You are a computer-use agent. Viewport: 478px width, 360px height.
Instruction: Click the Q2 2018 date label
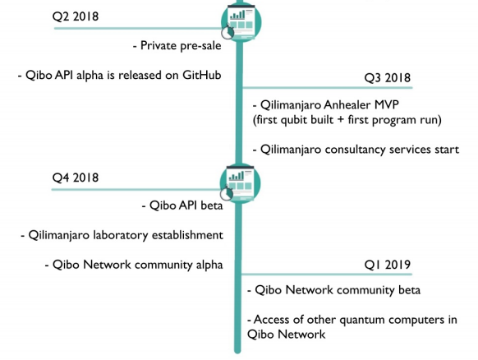(76, 16)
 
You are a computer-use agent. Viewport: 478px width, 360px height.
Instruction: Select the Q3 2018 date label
(388, 78)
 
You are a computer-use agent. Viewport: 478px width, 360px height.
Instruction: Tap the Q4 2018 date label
(76, 178)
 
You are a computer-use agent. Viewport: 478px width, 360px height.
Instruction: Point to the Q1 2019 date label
(388, 264)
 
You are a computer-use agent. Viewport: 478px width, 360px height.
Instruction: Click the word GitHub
(202, 75)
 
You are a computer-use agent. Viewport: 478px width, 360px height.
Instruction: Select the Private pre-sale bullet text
(177, 46)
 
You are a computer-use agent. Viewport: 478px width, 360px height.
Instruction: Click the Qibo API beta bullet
(182, 205)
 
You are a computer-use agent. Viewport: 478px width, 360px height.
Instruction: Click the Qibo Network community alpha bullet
(134, 265)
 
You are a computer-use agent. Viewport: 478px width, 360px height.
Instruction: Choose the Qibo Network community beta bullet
(333, 290)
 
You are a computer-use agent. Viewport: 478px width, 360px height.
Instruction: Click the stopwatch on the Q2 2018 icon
(228, 32)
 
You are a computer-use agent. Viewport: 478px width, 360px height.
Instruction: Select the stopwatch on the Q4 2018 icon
(227, 193)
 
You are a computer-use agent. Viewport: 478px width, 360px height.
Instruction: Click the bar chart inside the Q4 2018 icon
(237, 176)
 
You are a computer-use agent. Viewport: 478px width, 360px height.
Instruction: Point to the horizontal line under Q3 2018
(327, 88)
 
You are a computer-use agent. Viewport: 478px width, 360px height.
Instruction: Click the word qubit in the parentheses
(293, 120)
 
